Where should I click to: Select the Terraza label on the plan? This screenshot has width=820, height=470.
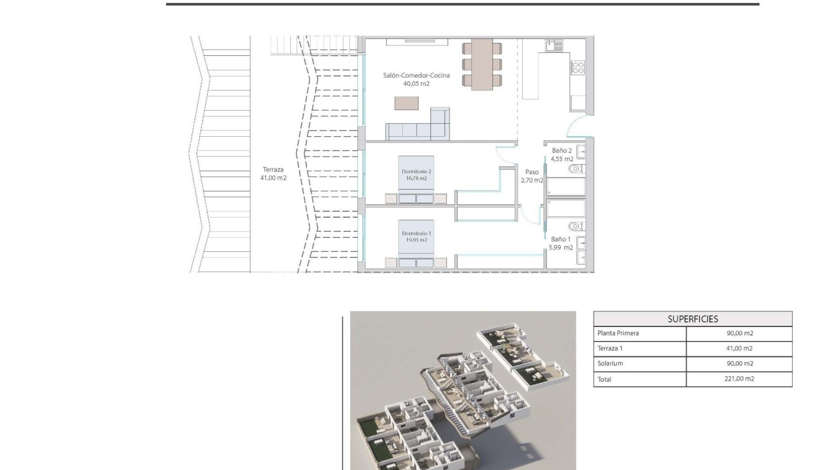click(x=273, y=170)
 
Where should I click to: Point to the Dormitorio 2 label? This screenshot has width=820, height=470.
click(x=417, y=171)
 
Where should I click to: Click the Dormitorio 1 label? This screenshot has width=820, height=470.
click(x=417, y=233)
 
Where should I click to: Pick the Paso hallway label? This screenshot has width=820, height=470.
click(x=532, y=172)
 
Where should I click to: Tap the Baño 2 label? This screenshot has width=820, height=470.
click(x=561, y=150)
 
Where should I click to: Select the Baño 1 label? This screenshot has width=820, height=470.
click(x=561, y=239)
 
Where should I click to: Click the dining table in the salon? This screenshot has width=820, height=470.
click(x=482, y=65)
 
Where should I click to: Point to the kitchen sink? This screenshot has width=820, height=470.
click(x=553, y=45)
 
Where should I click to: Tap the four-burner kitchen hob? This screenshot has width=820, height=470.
click(x=578, y=67)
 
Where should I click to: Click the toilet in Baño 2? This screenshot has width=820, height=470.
click(x=576, y=168)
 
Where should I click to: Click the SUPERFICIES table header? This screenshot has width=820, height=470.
click(x=693, y=319)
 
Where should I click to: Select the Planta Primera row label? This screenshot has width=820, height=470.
click(x=617, y=333)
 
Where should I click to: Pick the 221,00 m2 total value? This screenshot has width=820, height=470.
click(x=739, y=379)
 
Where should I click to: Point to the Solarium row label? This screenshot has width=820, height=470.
click(x=610, y=364)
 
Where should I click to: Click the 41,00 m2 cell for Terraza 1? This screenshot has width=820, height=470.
click(x=739, y=349)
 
